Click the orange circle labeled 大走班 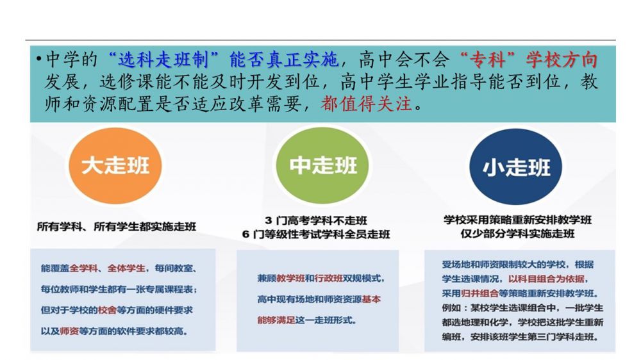[x=115, y=165]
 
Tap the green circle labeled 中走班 [x=322, y=165]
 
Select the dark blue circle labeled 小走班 [x=516, y=167]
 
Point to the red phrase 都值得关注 [x=366, y=103]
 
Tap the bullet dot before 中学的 [x=39, y=59]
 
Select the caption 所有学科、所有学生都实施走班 [x=117, y=226]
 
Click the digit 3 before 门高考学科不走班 [x=268, y=220]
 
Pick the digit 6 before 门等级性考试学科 [x=246, y=234]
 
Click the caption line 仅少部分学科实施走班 [x=517, y=234]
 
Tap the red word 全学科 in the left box [x=83, y=268]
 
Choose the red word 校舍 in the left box [x=107, y=310]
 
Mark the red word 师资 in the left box [x=69, y=331]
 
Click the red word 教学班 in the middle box [x=290, y=278]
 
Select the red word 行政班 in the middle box [x=328, y=278]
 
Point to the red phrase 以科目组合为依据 [x=547, y=279]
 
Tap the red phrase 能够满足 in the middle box [x=276, y=320]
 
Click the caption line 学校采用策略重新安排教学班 [x=517, y=220]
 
